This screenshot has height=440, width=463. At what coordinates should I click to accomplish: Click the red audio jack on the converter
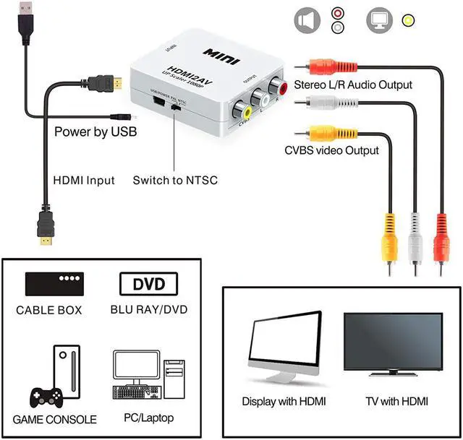coord(280,90)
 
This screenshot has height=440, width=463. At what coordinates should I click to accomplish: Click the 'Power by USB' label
coord(95,132)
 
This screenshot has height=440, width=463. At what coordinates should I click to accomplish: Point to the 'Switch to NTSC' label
coord(175,180)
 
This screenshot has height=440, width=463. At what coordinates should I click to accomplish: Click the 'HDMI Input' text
coord(85,180)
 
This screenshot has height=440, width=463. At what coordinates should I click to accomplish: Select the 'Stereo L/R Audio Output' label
coord(353,85)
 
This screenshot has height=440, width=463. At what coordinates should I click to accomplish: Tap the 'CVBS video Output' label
coord(331,150)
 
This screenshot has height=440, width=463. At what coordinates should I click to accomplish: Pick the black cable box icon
coord(54,282)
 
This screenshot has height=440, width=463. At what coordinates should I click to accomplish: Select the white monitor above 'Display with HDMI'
coord(284,349)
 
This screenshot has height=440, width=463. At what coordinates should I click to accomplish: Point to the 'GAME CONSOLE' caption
coord(54,419)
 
